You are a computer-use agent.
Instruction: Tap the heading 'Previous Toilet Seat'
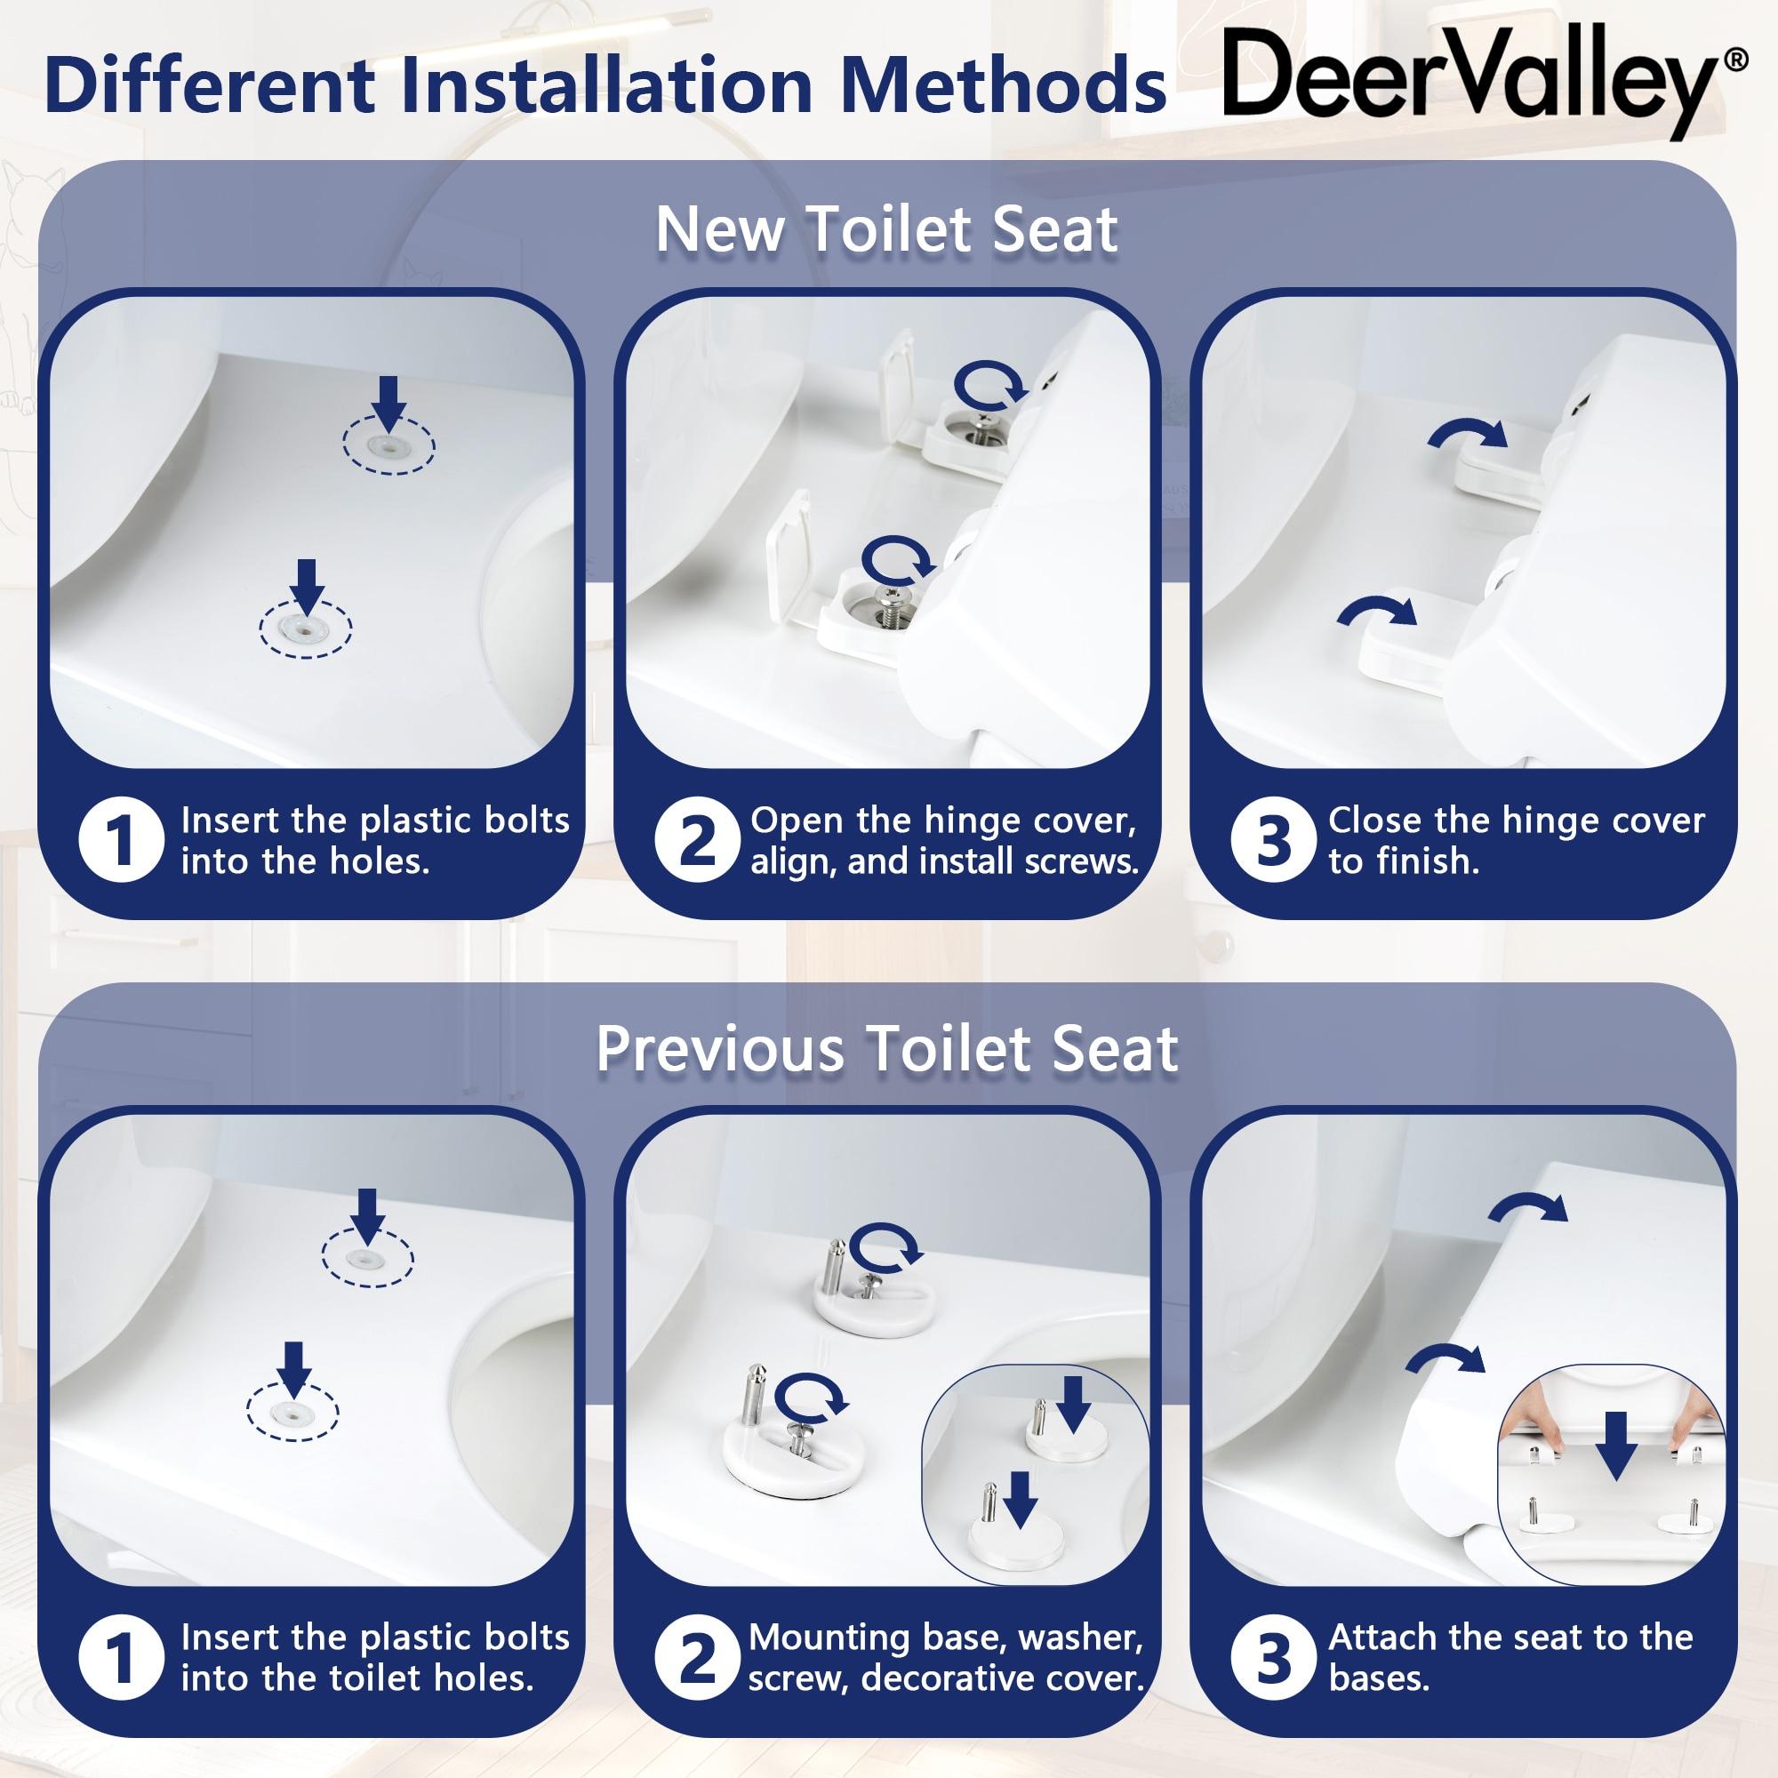[887, 1048]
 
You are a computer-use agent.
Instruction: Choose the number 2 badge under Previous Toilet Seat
[696, 1660]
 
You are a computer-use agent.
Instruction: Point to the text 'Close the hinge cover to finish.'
[1517, 841]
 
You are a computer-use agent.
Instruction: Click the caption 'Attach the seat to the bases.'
[1510, 1658]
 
